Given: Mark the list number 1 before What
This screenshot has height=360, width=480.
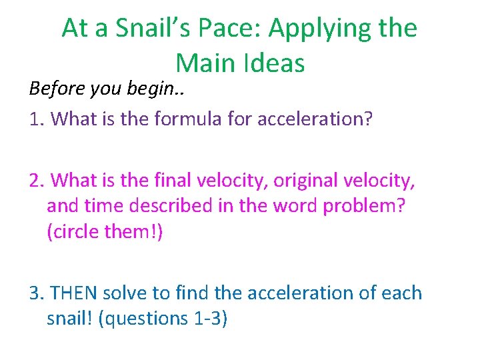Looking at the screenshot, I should [x=35, y=119].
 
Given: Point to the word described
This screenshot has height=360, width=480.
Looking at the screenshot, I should [x=177, y=205].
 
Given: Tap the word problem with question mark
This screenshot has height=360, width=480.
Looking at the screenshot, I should [x=373, y=205].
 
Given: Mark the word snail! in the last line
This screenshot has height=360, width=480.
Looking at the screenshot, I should [x=69, y=318].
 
